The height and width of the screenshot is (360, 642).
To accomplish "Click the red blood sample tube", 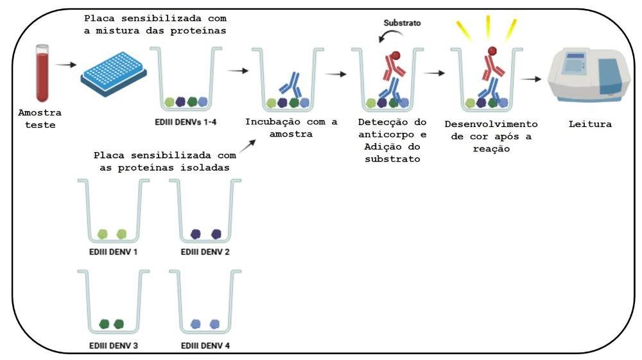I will [x=43, y=73].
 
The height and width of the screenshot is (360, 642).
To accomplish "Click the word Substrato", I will [x=403, y=22].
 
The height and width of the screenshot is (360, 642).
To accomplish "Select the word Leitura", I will [x=590, y=124].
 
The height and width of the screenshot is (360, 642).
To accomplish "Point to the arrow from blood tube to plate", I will [x=65, y=64].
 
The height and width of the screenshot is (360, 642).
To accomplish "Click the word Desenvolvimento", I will [x=491, y=124].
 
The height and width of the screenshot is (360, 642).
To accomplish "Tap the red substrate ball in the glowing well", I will [x=492, y=51].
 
